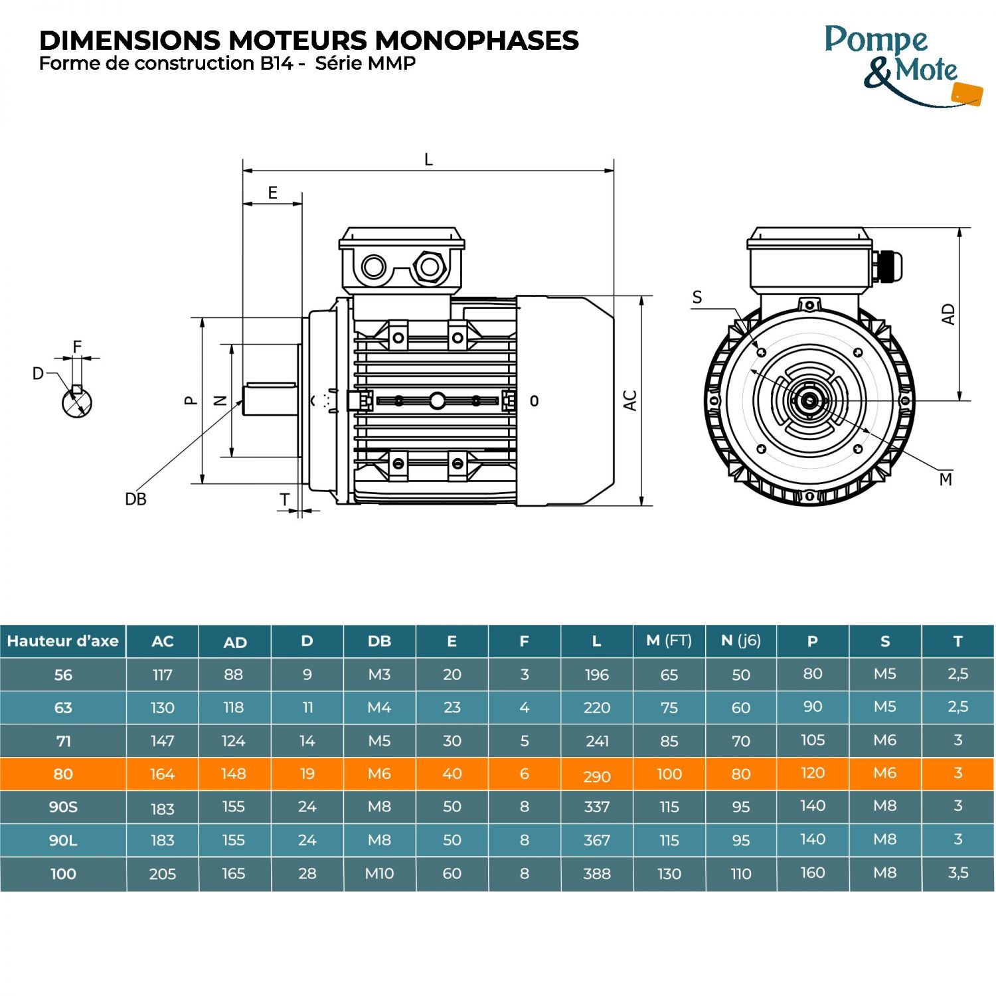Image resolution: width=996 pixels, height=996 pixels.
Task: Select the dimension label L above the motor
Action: point(428,159)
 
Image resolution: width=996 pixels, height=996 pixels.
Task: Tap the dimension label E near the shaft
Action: point(272,193)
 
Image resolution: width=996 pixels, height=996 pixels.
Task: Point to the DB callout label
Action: point(135,499)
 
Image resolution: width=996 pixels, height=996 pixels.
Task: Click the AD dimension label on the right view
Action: point(948,314)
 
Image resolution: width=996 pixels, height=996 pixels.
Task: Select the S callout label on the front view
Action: point(697,297)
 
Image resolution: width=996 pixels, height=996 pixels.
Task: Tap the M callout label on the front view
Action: point(946,479)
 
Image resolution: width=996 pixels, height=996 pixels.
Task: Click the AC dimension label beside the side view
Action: point(630,400)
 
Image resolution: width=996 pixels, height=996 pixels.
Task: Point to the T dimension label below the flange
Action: point(285,499)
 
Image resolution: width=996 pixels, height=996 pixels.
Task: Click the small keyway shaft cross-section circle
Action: point(77,402)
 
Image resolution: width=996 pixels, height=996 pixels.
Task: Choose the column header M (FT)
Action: point(669,641)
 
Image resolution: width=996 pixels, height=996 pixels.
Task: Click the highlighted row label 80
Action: point(63,774)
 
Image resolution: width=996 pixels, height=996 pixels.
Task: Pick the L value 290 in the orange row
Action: point(596,776)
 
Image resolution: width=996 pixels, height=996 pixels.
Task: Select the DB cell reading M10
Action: point(379,874)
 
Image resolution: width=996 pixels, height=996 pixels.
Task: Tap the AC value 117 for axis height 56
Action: point(162,675)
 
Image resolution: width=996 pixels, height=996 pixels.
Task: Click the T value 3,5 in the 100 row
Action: point(957,872)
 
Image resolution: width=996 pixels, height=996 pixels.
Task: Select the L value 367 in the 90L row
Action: point(596,840)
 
